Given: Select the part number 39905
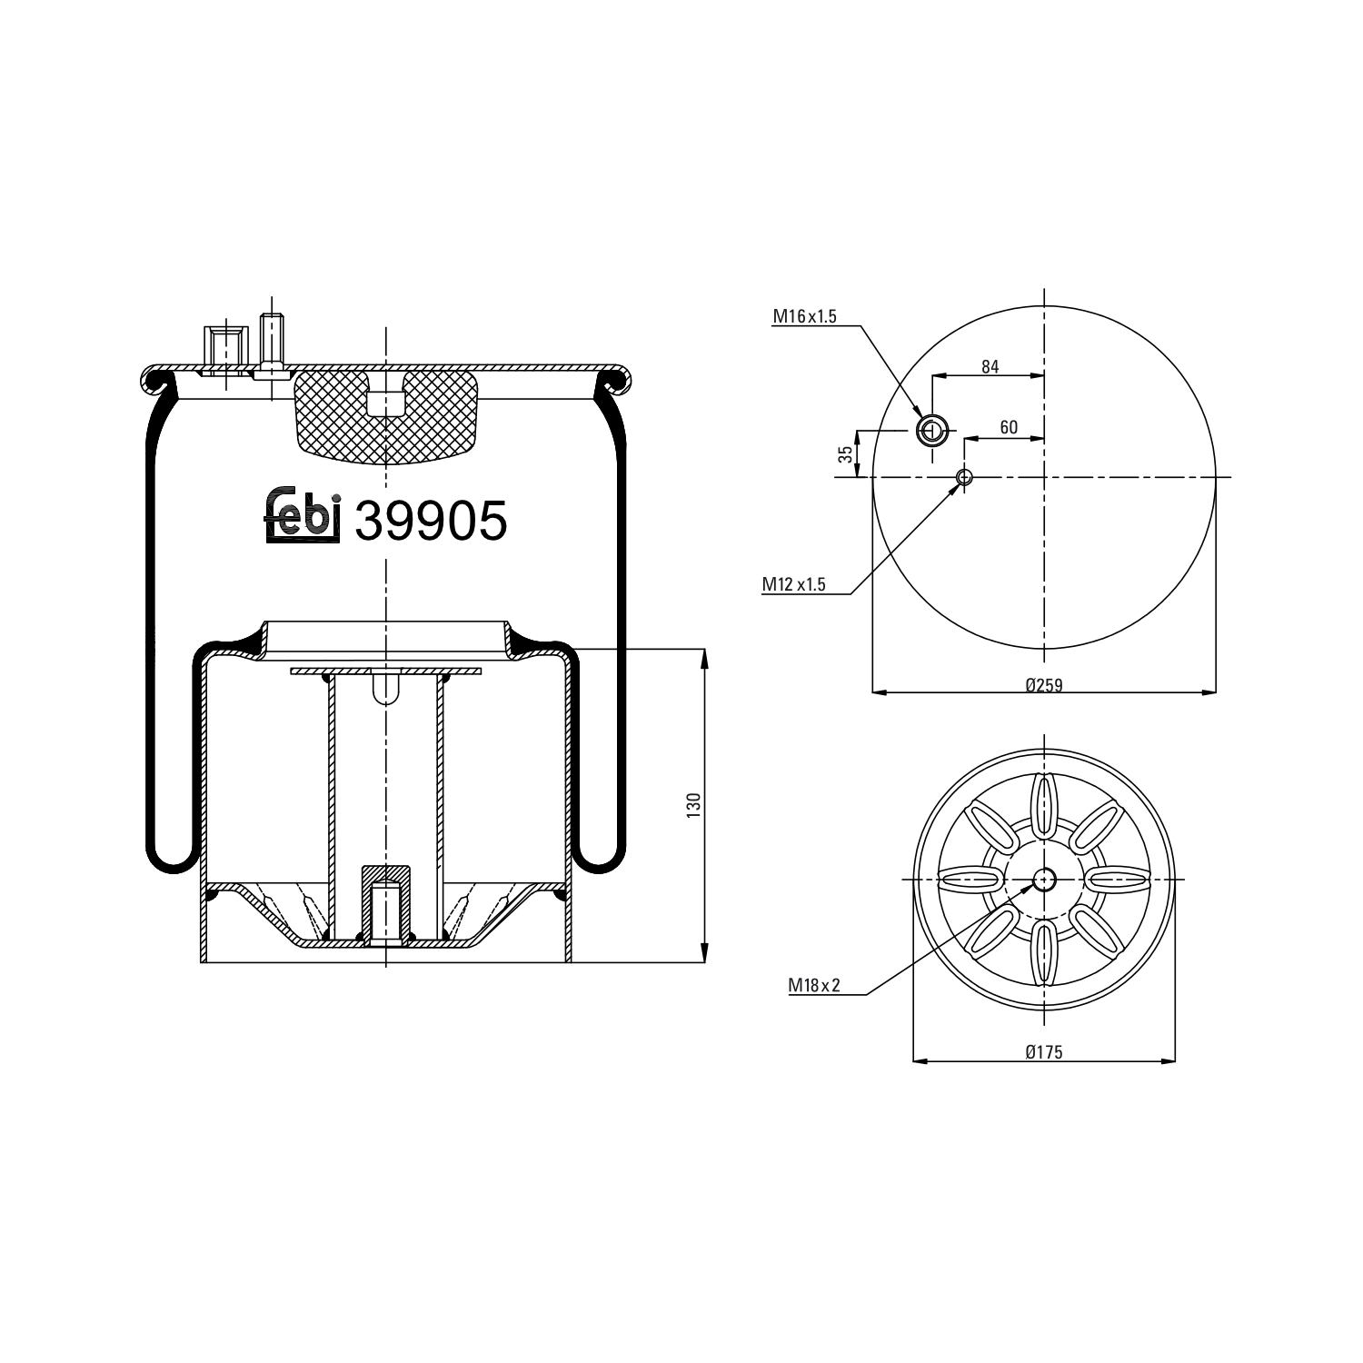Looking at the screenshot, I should tap(430, 522).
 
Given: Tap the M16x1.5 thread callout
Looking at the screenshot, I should tap(804, 316).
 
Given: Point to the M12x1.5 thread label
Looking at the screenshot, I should tap(793, 584).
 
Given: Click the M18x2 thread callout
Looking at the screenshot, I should tap(814, 984).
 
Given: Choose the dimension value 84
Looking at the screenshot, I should tap(990, 366).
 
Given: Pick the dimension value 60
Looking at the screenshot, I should tap(1008, 428).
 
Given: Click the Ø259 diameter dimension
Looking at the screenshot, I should tap(1043, 685).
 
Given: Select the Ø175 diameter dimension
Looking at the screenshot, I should tap(1043, 1052).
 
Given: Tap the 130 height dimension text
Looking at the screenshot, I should tap(694, 805).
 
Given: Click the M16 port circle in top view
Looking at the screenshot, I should tap(931, 430).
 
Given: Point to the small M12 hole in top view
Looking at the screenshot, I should tap(964, 477).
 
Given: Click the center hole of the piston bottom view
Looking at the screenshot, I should tap(1044, 879).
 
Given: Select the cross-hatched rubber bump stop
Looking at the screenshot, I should tap(385, 413).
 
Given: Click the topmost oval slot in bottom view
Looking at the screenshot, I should tap(1044, 801).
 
